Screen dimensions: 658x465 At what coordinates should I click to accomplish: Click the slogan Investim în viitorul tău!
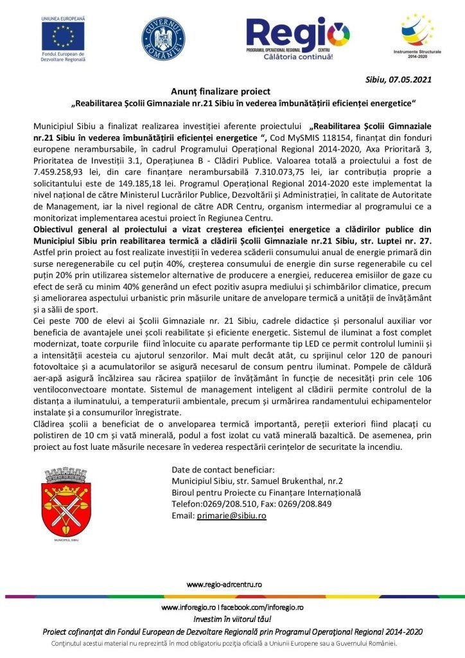click(232, 619)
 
